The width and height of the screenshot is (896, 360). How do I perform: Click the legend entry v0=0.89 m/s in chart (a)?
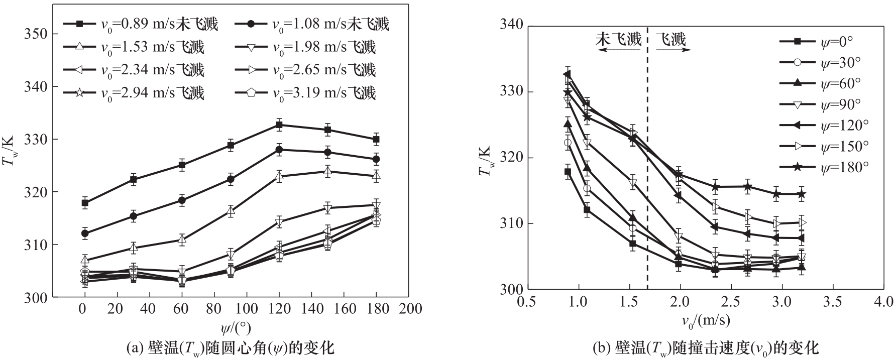tap(141, 24)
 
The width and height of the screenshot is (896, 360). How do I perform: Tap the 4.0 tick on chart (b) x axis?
tap(883, 302)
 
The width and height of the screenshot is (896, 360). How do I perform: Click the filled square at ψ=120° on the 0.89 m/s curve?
tap(279, 125)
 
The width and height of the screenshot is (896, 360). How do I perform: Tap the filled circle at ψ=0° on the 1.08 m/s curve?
tap(85, 233)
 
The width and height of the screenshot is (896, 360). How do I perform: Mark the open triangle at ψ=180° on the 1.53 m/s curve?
tap(376, 176)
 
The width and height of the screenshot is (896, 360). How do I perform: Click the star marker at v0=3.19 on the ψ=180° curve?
tap(802, 194)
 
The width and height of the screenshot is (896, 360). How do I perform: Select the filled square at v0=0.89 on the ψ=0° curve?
tap(568, 172)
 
